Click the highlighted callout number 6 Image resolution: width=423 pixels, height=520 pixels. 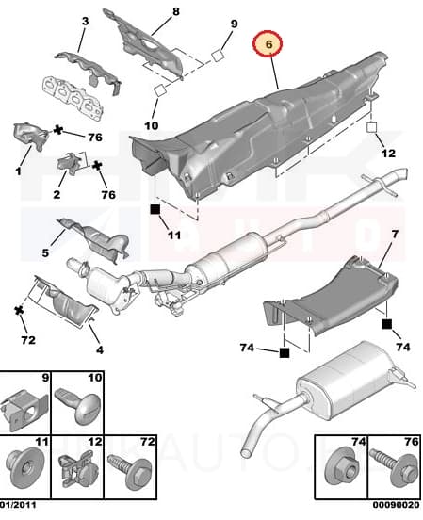[x=268, y=42]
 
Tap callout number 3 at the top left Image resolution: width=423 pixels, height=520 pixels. [x=85, y=21]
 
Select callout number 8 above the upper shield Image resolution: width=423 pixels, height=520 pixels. [x=175, y=12]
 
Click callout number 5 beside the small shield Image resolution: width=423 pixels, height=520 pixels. [x=44, y=252]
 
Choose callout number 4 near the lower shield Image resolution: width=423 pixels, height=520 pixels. [x=99, y=349]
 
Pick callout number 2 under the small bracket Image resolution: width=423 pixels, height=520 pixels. [x=57, y=195]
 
